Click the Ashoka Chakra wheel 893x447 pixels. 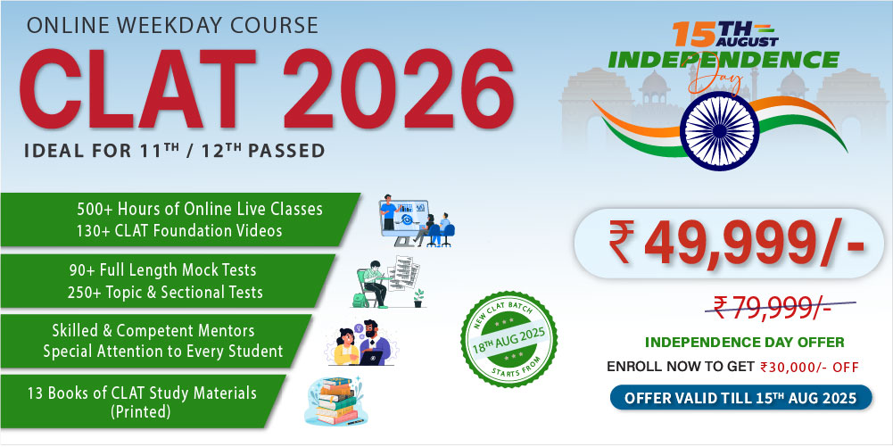tap(719, 130)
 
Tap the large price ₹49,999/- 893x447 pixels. tap(736, 244)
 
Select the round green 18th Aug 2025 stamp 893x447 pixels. tap(509, 339)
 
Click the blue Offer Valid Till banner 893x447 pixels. tap(740, 397)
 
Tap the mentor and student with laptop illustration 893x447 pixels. tap(363, 343)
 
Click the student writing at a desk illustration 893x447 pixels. tap(390, 282)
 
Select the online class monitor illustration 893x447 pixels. tap(417, 220)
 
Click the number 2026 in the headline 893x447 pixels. tap(398, 89)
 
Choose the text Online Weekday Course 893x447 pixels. tap(171, 25)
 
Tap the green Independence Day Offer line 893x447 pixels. tap(744, 343)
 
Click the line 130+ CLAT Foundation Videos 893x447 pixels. tap(179, 230)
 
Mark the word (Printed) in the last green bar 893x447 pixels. tap(141, 411)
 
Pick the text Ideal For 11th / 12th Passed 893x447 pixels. tap(174, 150)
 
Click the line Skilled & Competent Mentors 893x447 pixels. tap(153, 330)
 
